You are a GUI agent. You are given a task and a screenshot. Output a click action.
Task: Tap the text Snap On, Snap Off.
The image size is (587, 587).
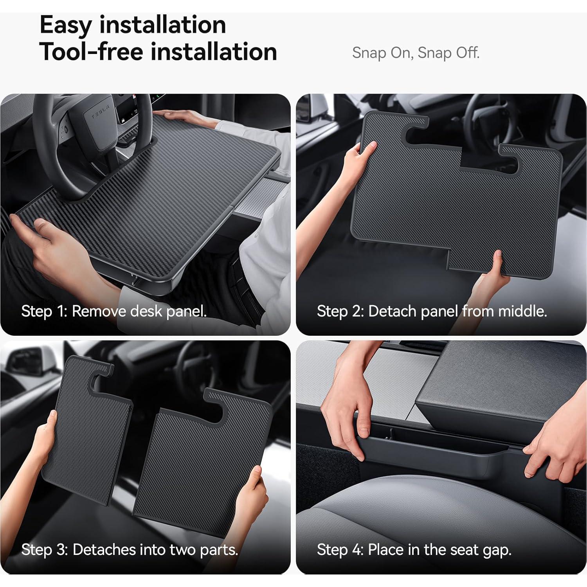pos(416,53)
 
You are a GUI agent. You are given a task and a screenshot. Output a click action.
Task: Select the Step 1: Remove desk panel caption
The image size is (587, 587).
pos(113,312)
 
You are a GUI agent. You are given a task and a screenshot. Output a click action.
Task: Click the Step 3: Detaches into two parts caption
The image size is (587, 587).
pos(130,550)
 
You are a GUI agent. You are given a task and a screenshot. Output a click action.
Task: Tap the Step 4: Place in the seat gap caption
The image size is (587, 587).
pos(414,550)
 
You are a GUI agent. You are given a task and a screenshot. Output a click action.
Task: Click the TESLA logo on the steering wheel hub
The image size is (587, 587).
pos(100,112)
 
